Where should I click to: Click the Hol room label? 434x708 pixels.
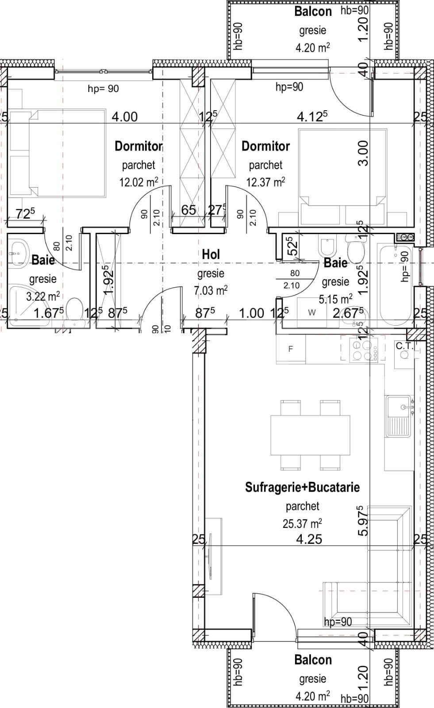[211, 254]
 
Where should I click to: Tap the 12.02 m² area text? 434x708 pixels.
[138, 182]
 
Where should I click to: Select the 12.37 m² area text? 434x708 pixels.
[265, 182]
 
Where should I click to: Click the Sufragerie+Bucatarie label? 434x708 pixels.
[302, 487]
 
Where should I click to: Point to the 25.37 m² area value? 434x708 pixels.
[302, 524]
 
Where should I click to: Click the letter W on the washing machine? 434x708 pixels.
[312, 313]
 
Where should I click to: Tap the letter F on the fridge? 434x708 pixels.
[291, 349]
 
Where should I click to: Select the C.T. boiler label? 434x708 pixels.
[404, 346]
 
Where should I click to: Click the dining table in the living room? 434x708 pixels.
[310, 435]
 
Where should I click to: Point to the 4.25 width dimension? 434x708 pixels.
[309, 539]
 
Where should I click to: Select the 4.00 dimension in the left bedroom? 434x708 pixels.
[124, 117]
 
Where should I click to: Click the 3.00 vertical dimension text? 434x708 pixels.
[363, 153]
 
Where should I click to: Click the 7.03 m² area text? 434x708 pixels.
[211, 291]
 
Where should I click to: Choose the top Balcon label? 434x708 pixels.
[313, 12]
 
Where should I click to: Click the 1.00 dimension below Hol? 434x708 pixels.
[251, 313]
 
